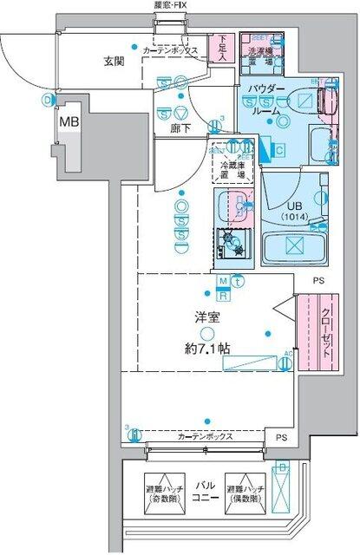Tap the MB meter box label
(x=69, y=121)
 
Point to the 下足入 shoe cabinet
(x=223, y=45)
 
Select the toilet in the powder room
(x=325, y=102)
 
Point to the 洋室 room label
(x=205, y=317)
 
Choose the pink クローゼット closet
(x=309, y=333)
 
